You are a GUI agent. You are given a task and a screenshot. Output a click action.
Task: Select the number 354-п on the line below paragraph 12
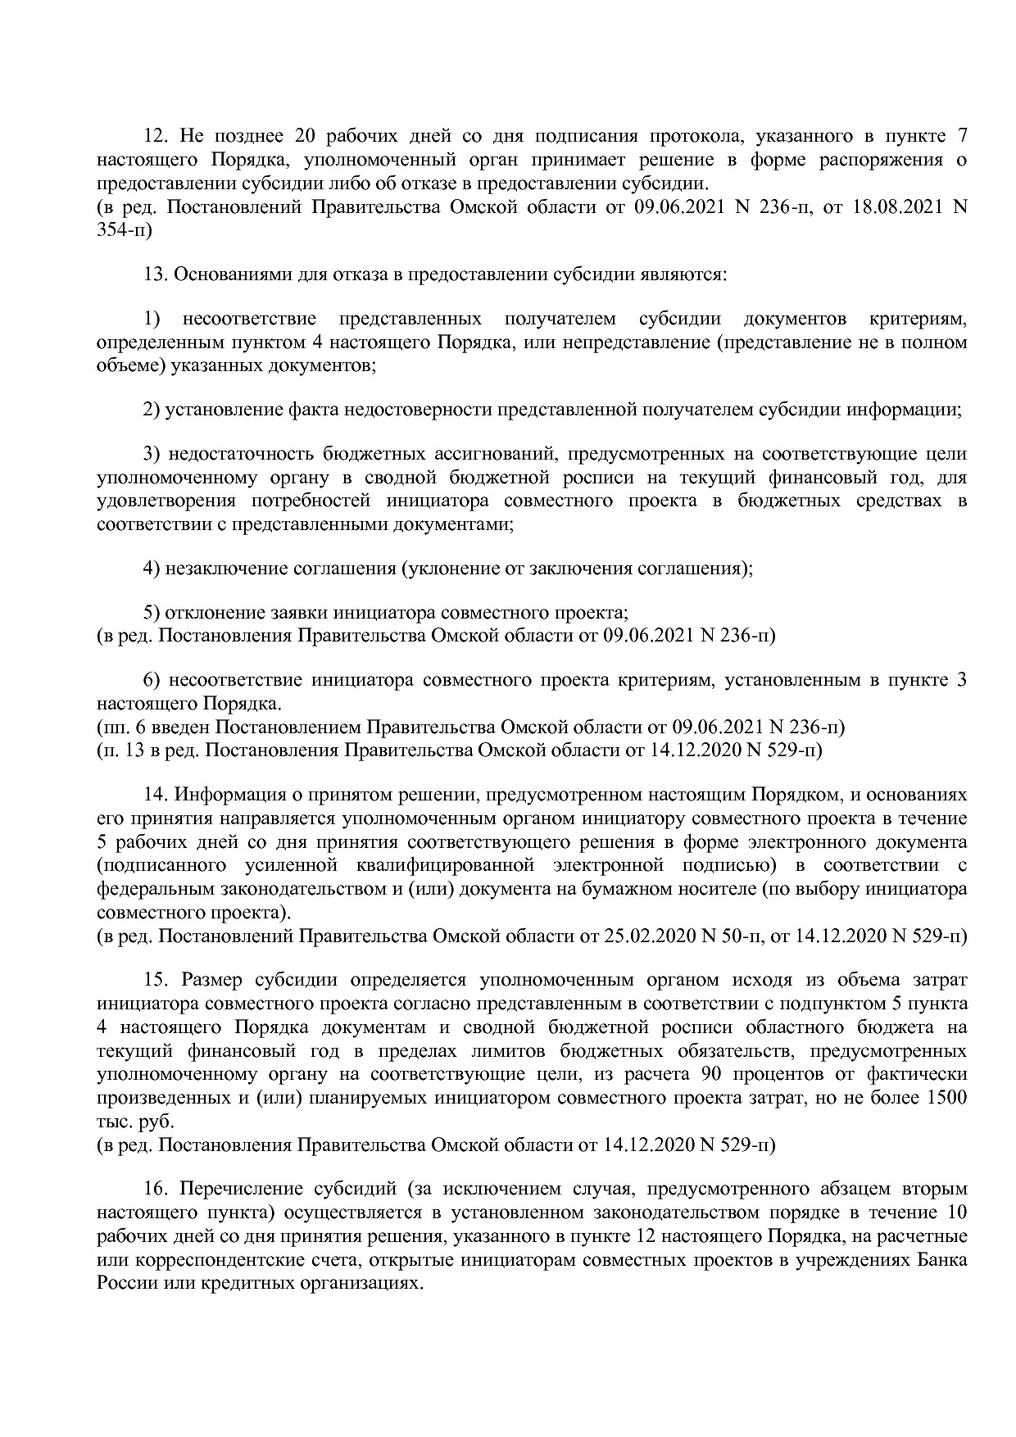click(x=124, y=231)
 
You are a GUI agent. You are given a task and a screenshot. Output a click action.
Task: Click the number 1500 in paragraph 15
click(x=945, y=1098)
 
